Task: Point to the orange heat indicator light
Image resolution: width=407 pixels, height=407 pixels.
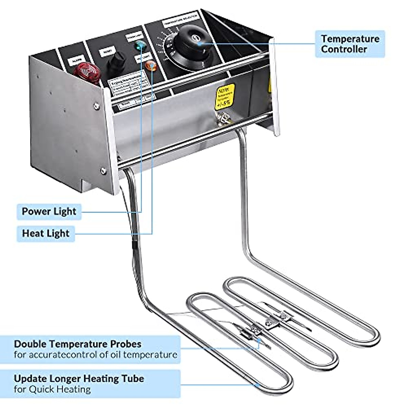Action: [151, 65]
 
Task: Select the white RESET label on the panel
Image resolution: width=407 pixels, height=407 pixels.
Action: [105, 52]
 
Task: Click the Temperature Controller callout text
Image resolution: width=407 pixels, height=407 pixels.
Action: [350, 44]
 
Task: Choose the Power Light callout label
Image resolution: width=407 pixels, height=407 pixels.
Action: [49, 211]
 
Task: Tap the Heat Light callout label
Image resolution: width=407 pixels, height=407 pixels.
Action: [45, 233]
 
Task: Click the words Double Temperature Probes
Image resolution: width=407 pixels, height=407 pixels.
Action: [77, 344]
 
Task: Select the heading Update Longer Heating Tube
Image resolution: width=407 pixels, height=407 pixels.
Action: [79, 378]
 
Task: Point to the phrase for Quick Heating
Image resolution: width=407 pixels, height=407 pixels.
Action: [52, 389]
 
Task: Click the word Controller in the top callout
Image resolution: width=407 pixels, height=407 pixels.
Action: [344, 49]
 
